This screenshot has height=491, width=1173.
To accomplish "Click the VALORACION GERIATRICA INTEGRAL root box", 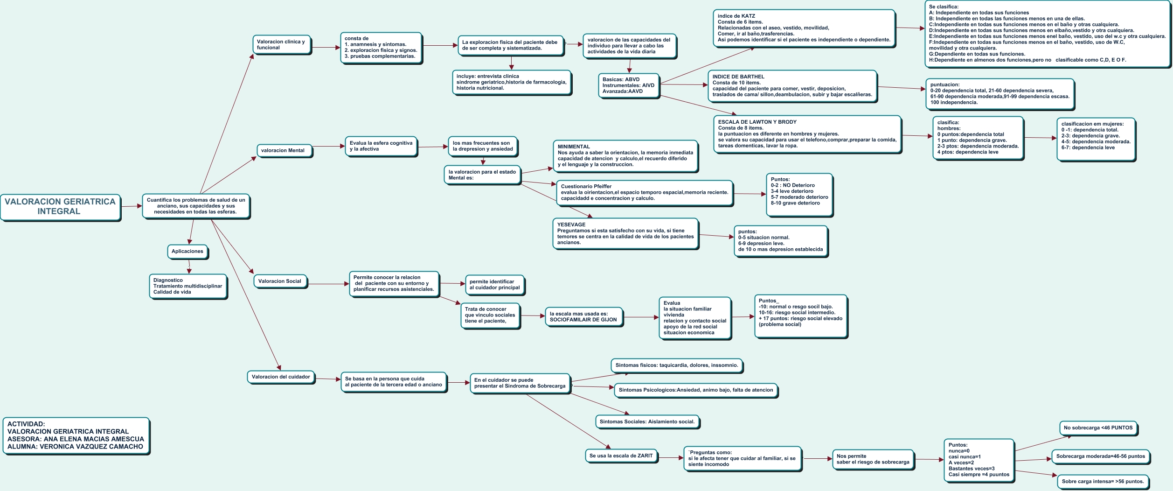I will pyautogui.click(x=60, y=206).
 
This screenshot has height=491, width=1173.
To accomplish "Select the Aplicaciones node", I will pyautogui.click(x=187, y=252).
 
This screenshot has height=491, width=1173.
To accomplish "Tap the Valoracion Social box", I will pyautogui.click(x=280, y=281).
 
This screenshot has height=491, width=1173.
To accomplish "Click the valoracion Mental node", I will pyautogui.click(x=283, y=151).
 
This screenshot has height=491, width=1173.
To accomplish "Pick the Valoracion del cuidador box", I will pyautogui.click(x=281, y=377).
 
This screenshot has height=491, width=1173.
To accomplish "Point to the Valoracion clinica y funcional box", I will pyautogui.click(x=281, y=45).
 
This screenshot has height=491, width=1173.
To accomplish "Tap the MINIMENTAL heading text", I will pyautogui.click(x=574, y=147).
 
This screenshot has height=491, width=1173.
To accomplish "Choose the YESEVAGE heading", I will pyautogui.click(x=571, y=225).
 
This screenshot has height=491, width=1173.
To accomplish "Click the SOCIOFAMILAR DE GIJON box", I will pyautogui.click(x=583, y=317).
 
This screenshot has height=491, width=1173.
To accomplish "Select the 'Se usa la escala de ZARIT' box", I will pyautogui.click(x=621, y=456).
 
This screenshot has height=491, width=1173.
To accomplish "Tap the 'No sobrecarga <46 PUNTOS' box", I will pyautogui.click(x=1098, y=428).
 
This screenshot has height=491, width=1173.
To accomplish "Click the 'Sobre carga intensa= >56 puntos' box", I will pyautogui.click(x=1103, y=482).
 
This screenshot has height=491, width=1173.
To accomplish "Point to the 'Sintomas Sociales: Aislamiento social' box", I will pyautogui.click(x=647, y=422).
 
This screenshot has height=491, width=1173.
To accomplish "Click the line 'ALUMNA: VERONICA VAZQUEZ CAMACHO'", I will pyautogui.click(x=75, y=447).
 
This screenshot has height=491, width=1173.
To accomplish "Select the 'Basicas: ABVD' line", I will pyautogui.click(x=621, y=80).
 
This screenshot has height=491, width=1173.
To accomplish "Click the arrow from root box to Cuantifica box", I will pyautogui.click(x=132, y=206).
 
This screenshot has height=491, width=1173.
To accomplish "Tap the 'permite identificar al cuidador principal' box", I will pyautogui.click(x=494, y=285).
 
